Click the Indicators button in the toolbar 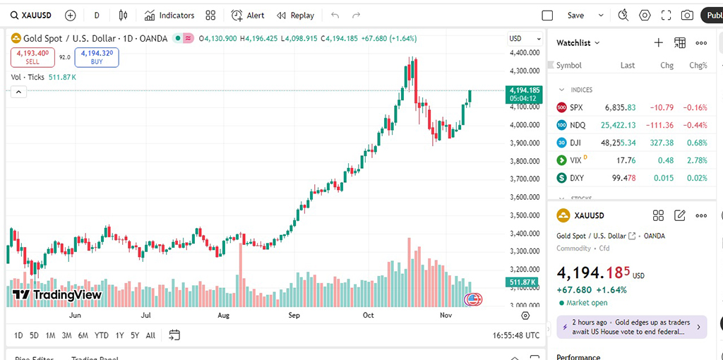click(169, 15)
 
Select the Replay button click(296, 15)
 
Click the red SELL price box click(32, 57)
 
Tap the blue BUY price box click(97, 57)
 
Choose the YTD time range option click(101, 335)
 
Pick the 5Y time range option click(135, 335)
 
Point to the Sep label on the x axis click(294, 316)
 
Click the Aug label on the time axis click(224, 316)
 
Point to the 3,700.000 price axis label click(524, 179)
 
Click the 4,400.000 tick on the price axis click(524, 53)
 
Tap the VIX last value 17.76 click(626, 160)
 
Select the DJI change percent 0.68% click(697, 143)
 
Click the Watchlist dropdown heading click(578, 43)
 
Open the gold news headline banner click(631, 327)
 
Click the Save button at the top click(575, 15)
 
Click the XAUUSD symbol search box click(31, 15)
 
